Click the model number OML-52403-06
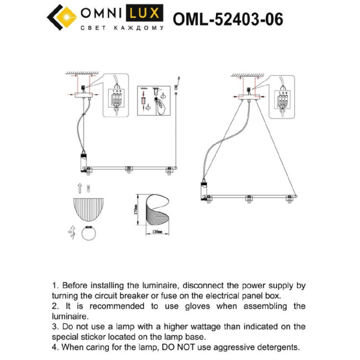point(228,19)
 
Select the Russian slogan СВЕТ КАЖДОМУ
point(122,28)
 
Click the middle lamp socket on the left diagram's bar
point(128,169)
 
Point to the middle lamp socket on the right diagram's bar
point(248,199)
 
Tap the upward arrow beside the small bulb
point(79,187)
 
